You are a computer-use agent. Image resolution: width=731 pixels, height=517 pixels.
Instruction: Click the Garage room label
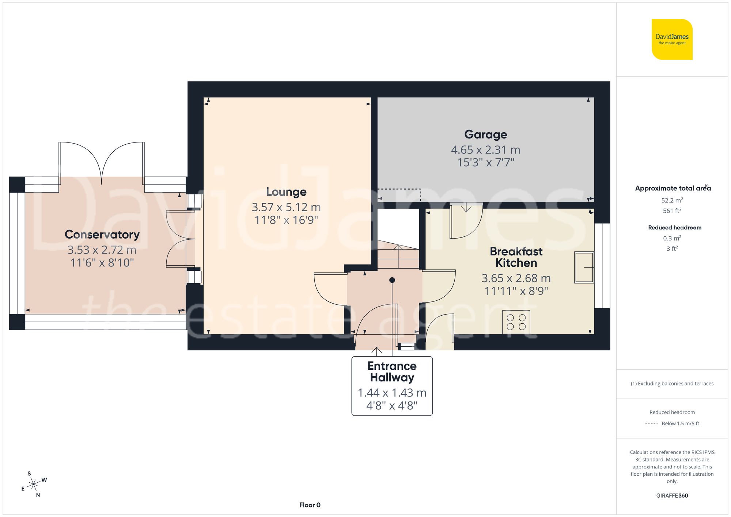tap(485, 134)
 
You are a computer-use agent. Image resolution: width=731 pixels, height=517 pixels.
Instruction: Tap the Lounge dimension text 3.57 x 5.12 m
tap(286, 207)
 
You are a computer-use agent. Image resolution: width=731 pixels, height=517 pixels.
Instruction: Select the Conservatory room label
tap(102, 235)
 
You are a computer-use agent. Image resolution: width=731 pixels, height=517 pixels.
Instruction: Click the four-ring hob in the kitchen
tap(516, 322)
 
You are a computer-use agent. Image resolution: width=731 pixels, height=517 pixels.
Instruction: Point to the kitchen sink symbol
tap(584, 267)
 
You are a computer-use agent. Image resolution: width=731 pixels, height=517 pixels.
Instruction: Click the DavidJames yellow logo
tap(672, 39)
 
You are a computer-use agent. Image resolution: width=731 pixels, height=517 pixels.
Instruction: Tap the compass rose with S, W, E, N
tap(34, 484)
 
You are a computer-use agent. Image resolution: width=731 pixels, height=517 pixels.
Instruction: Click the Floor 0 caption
tap(310, 505)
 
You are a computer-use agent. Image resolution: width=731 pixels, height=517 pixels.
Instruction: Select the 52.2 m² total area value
tap(672, 200)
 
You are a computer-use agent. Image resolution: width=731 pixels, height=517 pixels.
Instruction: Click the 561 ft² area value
tap(672, 211)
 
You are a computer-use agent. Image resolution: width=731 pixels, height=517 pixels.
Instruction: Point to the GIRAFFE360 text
tap(672, 496)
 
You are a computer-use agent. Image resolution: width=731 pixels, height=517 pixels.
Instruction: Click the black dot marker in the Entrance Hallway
tap(392, 280)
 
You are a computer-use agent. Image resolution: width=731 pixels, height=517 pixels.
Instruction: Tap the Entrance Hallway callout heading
tap(392, 372)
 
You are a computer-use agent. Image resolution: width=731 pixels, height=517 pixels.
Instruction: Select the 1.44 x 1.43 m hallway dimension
tap(392, 393)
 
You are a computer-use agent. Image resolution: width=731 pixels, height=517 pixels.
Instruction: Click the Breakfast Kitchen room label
tap(516, 257)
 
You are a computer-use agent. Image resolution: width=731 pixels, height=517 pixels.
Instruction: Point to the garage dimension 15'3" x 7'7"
tap(485, 163)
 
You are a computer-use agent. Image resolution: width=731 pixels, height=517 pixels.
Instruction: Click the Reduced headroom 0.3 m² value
tap(672, 238)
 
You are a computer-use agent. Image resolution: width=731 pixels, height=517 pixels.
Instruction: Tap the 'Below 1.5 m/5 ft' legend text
tap(680, 423)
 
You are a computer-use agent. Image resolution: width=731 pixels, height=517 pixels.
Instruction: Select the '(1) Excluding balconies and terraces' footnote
tap(672, 384)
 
